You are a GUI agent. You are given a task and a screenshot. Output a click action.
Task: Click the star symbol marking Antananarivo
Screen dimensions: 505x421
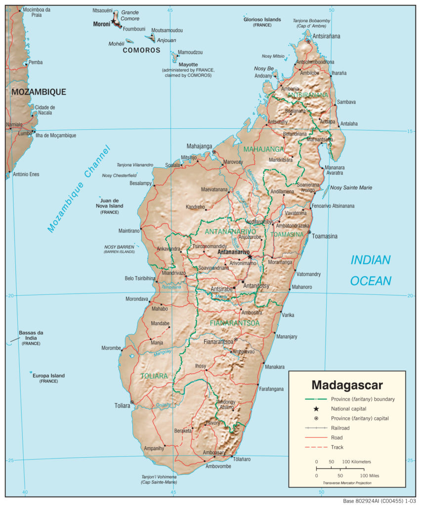[x=250, y=256]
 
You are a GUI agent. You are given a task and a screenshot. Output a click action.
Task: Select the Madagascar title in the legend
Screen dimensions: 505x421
[x=347, y=385]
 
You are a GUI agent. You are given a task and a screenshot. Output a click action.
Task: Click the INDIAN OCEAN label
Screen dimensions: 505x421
[x=371, y=270]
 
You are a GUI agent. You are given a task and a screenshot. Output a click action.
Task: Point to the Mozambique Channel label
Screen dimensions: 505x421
[x=79, y=189]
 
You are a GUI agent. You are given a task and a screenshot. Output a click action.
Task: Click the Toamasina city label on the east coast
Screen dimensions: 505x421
[x=324, y=236]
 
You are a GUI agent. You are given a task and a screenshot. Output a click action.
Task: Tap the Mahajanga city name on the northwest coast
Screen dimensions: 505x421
[x=199, y=146]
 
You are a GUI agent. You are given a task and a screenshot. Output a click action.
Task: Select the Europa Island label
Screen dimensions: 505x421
[x=48, y=376]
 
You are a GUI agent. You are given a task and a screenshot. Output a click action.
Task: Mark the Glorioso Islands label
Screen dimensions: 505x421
[x=262, y=20]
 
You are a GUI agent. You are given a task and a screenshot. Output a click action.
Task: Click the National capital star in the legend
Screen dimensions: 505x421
[x=316, y=409]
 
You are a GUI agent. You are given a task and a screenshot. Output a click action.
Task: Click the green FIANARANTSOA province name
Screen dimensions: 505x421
[x=235, y=323]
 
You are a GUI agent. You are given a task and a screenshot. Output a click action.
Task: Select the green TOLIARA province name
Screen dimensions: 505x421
[x=154, y=376]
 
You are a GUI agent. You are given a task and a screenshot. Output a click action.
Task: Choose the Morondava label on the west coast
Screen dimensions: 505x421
[x=137, y=299]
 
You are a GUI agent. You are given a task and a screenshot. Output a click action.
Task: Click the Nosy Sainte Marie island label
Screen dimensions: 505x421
[x=351, y=187]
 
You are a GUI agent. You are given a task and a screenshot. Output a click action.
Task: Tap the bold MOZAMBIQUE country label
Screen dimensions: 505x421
[x=39, y=92]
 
